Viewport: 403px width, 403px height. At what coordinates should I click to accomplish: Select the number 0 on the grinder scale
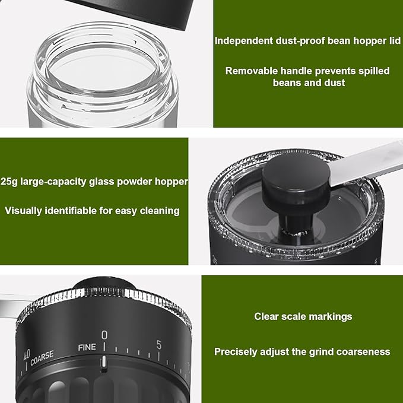click(x=104, y=335)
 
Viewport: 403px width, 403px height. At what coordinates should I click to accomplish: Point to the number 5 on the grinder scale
click(x=158, y=344)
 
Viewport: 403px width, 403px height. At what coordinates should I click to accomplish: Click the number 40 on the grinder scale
click(x=26, y=356)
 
